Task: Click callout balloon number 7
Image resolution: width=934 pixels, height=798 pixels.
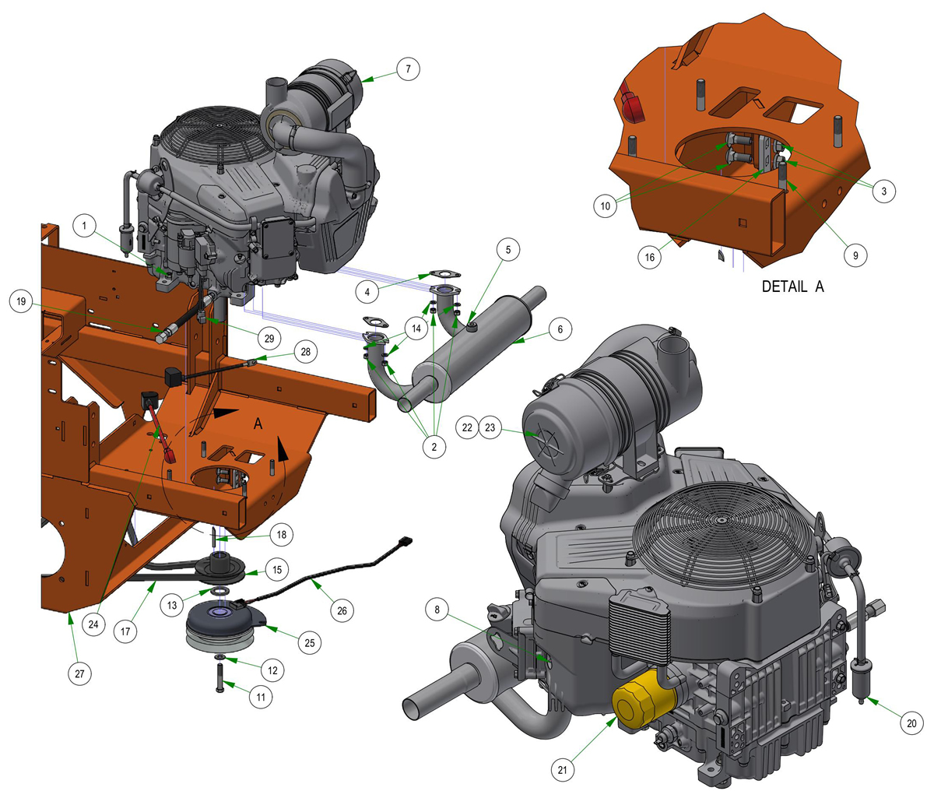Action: point(408,69)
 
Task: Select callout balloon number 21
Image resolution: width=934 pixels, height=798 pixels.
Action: point(562,769)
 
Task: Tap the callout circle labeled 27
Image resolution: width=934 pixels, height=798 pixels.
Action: point(79,673)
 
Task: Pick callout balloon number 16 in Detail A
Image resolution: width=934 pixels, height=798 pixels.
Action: point(649,257)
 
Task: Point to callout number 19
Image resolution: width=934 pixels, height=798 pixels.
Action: point(21,301)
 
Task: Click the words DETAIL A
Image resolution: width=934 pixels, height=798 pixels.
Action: point(792,287)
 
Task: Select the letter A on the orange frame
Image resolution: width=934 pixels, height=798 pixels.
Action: point(258,424)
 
